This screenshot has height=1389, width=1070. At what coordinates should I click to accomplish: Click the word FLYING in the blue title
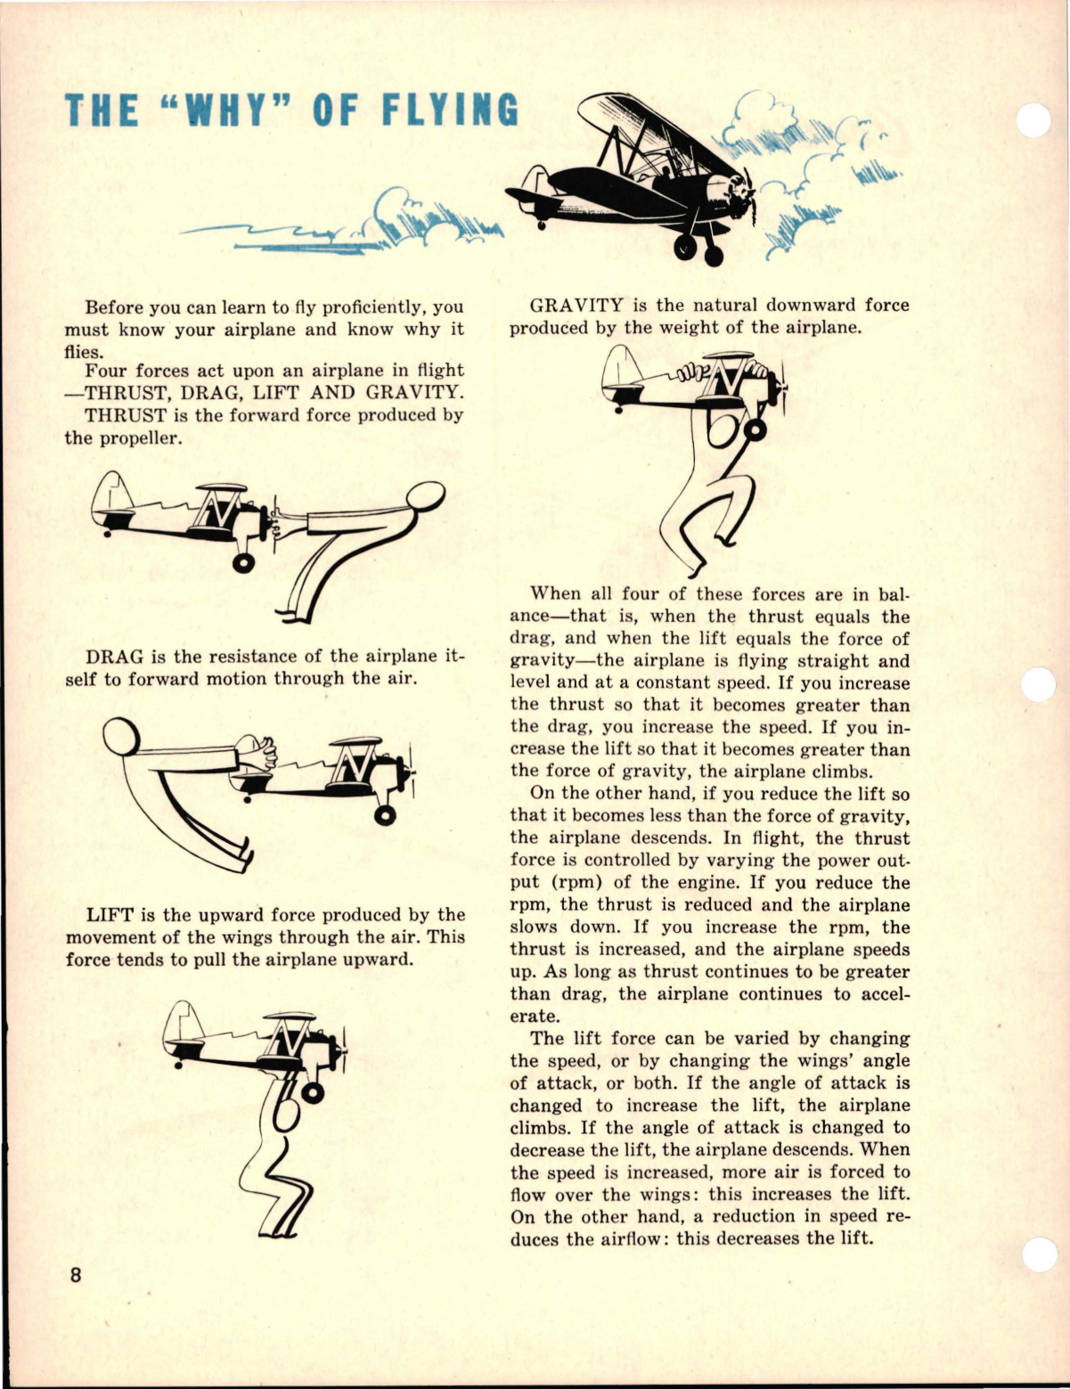point(450,110)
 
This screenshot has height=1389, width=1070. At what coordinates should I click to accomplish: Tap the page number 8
point(76,1275)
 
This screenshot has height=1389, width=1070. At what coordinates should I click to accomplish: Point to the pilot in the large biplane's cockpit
point(664,169)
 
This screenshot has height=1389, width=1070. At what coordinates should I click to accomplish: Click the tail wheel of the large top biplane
point(541,225)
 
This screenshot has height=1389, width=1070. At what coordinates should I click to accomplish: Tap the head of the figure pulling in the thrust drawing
point(424,495)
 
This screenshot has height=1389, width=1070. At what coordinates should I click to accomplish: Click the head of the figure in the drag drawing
point(119,737)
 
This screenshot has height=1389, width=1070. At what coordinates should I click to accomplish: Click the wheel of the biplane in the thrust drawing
point(241,562)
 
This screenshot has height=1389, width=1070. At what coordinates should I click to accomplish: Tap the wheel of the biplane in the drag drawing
point(385,814)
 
